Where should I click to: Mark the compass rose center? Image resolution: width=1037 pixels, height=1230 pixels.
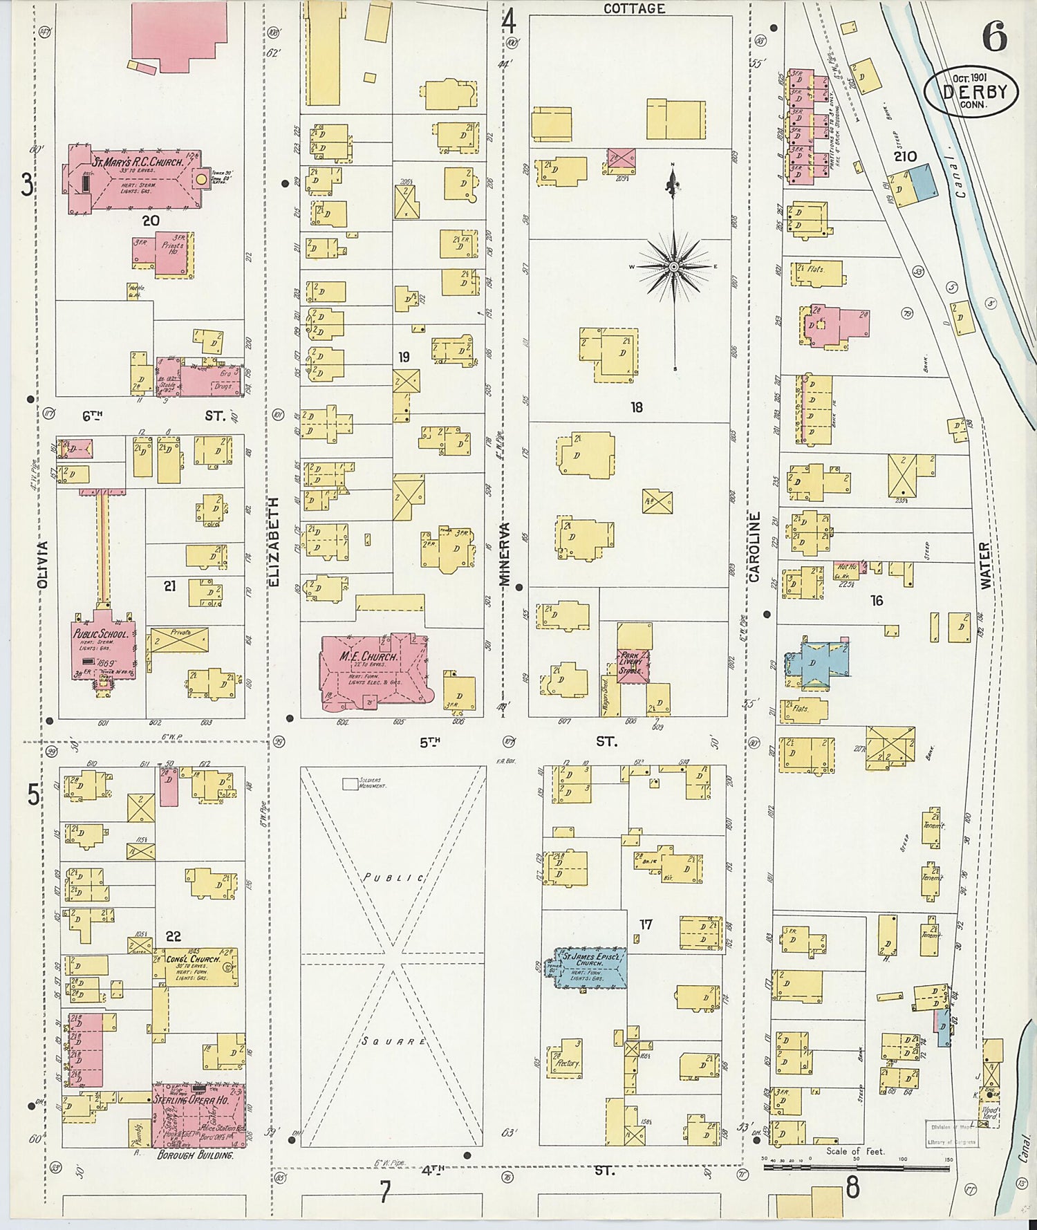tap(673, 266)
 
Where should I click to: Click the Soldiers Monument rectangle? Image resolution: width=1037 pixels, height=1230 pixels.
tap(351, 784)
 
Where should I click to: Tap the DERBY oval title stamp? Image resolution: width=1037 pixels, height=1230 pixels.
tap(971, 92)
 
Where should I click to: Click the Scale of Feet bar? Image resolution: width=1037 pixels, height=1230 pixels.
tap(855, 1168)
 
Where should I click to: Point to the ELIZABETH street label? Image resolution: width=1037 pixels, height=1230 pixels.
tap(273, 542)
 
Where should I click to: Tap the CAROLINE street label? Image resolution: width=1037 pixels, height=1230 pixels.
tap(754, 546)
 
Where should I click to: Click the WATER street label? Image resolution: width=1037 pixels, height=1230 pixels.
tap(985, 566)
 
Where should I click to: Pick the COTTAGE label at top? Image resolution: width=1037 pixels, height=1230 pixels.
tap(634, 9)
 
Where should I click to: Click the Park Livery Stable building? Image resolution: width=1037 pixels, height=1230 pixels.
tap(633, 664)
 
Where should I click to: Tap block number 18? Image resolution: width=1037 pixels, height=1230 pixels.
tap(636, 407)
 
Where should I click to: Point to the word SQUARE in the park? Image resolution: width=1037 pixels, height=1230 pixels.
tap(393, 1041)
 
